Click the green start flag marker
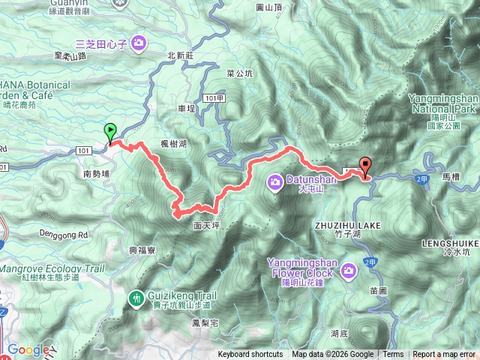(111, 132)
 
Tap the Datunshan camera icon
(276, 180)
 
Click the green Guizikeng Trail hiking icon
(136, 298)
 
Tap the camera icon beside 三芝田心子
(139, 43)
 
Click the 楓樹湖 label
(173, 143)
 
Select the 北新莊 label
(180, 55)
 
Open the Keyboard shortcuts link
(250, 355)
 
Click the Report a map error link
(445, 355)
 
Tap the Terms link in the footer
(393, 355)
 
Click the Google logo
(28, 349)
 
